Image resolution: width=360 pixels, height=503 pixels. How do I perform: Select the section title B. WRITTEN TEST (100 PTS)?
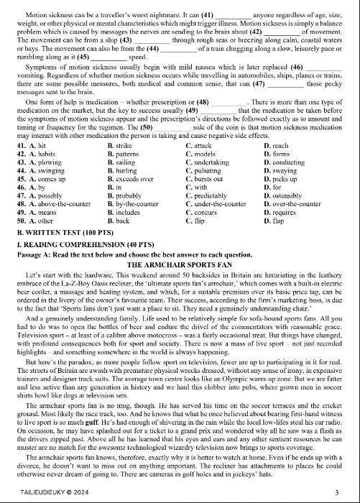click(59, 234)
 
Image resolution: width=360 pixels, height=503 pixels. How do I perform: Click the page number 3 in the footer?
click(336, 492)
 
